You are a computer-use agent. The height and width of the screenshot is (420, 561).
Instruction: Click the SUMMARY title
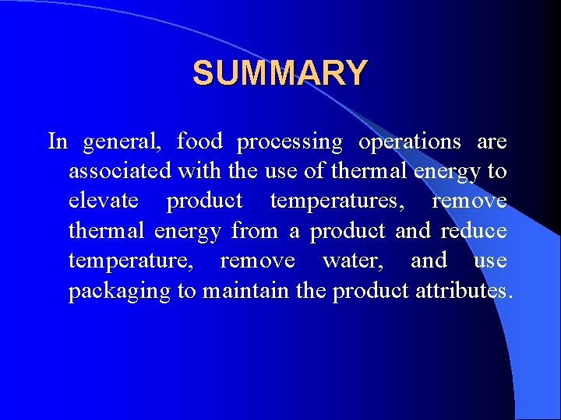click(x=280, y=73)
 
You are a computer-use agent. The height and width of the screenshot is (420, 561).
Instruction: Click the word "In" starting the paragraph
click(x=58, y=142)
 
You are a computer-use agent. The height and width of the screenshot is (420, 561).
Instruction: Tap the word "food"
click(x=199, y=142)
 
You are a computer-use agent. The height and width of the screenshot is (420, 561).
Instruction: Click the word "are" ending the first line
click(x=492, y=142)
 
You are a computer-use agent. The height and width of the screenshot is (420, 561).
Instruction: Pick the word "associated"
click(x=120, y=171)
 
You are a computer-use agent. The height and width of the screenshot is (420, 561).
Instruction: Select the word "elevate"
click(x=104, y=201)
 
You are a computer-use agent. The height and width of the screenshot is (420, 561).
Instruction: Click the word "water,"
click(x=352, y=261)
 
